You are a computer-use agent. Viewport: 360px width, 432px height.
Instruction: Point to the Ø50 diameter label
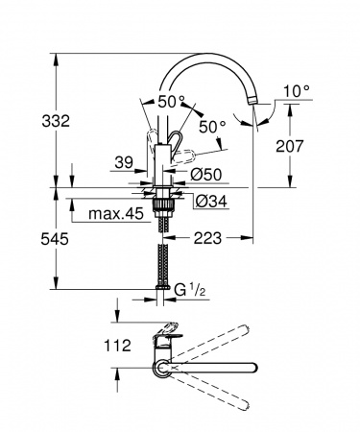pyautogui.click(x=207, y=174)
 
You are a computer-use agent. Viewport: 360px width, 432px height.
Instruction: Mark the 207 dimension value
pyautogui.click(x=315, y=146)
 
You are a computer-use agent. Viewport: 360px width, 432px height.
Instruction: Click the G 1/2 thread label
pyautogui.click(x=188, y=287)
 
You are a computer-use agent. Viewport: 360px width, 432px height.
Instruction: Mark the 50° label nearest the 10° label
pyautogui.click(x=212, y=126)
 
